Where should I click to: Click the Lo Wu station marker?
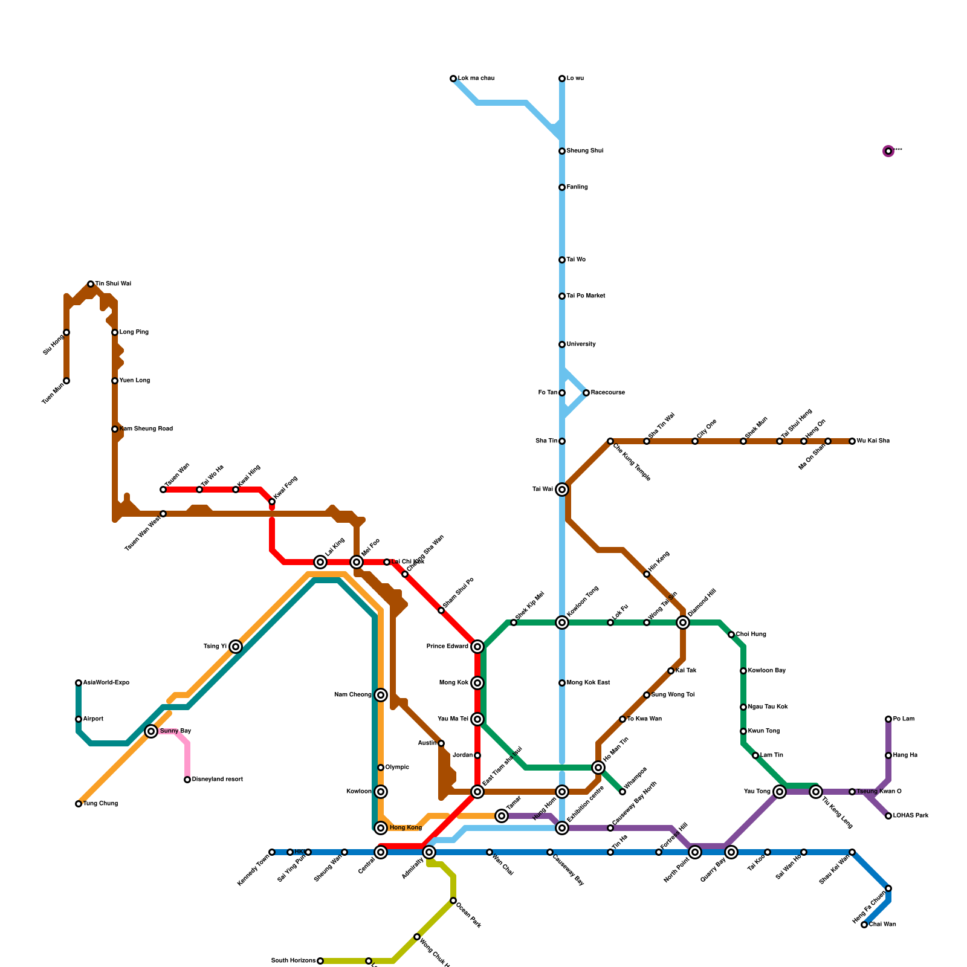[x=562, y=79]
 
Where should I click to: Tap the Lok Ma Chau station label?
[x=476, y=79]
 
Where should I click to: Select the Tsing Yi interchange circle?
[x=236, y=647]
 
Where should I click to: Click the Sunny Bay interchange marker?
[x=151, y=731]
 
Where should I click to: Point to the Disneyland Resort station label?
[x=217, y=780]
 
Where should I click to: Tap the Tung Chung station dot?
[x=79, y=804]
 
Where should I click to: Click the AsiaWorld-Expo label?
[x=106, y=683]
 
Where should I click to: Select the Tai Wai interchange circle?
[x=562, y=490]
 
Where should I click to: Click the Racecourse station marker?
[x=586, y=393]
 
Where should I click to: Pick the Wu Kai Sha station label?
[x=873, y=441]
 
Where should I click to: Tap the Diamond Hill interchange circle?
[x=683, y=623]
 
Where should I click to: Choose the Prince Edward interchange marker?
[x=477, y=647]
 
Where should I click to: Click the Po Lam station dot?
[x=888, y=719]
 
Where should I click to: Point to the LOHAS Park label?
[x=911, y=816]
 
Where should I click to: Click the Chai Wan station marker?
[x=864, y=925]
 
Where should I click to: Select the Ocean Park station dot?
[x=453, y=901]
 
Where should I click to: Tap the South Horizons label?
[x=293, y=961]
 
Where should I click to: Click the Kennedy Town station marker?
[x=272, y=852]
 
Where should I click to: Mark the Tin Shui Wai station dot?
[x=91, y=284]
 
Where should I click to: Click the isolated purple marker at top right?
[x=888, y=151]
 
